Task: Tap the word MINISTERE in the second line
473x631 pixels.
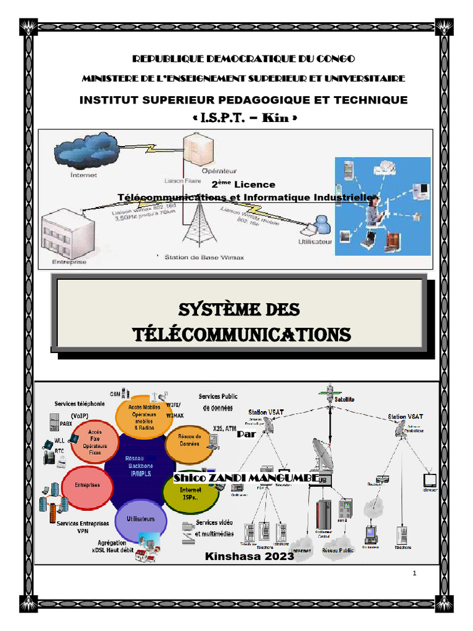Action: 109,79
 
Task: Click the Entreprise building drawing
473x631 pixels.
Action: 65,234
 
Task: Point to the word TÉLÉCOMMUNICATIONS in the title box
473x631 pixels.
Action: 243,335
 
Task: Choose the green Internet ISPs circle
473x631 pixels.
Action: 190,494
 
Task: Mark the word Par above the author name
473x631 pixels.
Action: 246,433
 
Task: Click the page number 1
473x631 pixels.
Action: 415,574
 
